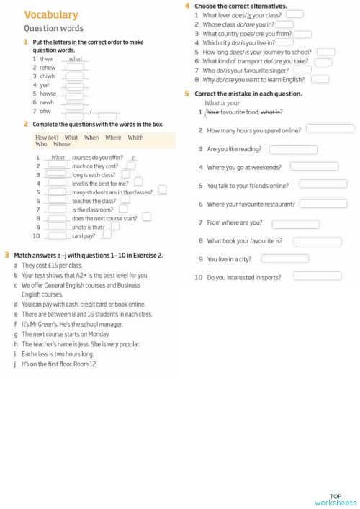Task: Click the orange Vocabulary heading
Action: pos(51,15)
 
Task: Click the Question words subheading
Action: pos(53,29)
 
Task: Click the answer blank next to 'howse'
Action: pos(74,94)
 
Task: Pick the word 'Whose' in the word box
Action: pos(62,144)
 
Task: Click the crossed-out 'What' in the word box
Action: pos(71,137)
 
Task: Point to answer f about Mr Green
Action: pos(76,324)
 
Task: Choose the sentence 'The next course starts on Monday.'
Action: pos(66,334)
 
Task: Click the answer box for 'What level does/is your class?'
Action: pos(294,14)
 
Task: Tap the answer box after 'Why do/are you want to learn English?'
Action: pos(320,79)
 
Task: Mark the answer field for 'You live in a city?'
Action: pos(285,258)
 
